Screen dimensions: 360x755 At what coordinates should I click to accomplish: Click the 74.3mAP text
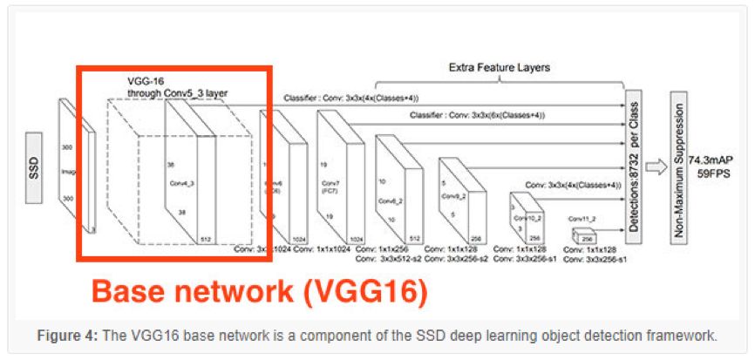(711, 160)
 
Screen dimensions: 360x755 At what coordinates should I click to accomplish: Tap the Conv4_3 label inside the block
(182, 183)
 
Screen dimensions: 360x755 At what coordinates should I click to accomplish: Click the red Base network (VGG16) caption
(260, 290)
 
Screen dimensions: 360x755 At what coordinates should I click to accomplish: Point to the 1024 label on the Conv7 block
(356, 236)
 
